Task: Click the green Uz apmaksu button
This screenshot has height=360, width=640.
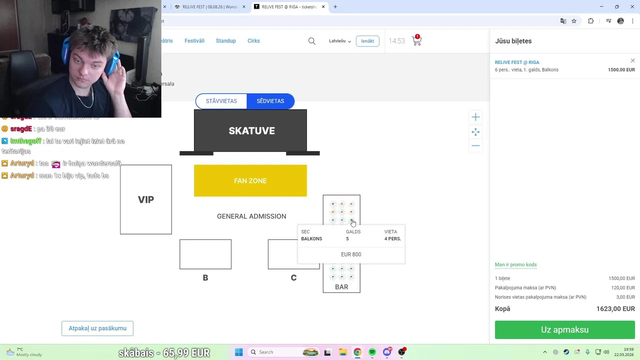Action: pyautogui.click(x=564, y=330)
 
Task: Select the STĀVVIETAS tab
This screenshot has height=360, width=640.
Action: pyautogui.click(x=221, y=101)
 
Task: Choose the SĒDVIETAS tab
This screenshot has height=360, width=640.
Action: pyautogui.click(x=270, y=101)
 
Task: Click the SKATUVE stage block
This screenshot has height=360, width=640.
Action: pyautogui.click(x=251, y=130)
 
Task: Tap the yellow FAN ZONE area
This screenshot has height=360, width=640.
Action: pyautogui.click(x=250, y=180)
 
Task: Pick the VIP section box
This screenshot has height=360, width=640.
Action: pyautogui.click(x=146, y=199)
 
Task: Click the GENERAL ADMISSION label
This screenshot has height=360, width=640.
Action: pyautogui.click(x=251, y=216)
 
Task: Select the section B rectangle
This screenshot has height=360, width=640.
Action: pyautogui.click(x=205, y=254)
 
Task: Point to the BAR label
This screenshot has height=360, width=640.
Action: pyautogui.click(x=341, y=287)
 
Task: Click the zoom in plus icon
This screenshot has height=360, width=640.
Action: pyautogui.click(x=475, y=117)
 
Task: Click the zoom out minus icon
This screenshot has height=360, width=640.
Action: pyautogui.click(x=475, y=146)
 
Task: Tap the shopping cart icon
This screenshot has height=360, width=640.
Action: pyautogui.click(x=416, y=41)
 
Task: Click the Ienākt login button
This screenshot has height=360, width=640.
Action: pyautogui.click(x=367, y=41)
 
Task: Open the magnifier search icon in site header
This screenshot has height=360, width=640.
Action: pyautogui.click(x=312, y=41)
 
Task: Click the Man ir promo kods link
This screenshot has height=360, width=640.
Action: pyautogui.click(x=515, y=265)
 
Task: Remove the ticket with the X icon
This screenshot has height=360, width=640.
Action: pyautogui.click(x=632, y=61)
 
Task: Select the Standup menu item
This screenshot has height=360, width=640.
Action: pyautogui.click(x=225, y=41)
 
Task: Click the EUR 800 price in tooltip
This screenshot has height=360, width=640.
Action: pyautogui.click(x=351, y=254)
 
